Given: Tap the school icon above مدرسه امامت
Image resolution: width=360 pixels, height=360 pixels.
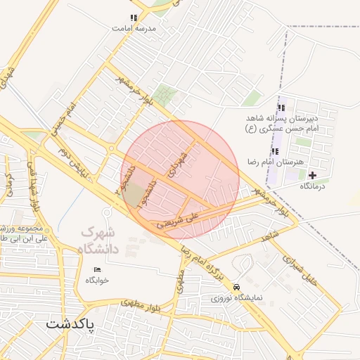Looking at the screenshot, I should point(133,18).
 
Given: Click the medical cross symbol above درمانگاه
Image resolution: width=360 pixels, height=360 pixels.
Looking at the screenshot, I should point(313,174).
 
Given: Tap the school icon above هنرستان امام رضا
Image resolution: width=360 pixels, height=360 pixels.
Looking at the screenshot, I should point(274,151).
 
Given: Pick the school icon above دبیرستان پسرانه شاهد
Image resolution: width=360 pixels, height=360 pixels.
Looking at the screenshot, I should point(282,108).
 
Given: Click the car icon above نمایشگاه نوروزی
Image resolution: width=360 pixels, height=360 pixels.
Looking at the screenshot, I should point(236,287).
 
